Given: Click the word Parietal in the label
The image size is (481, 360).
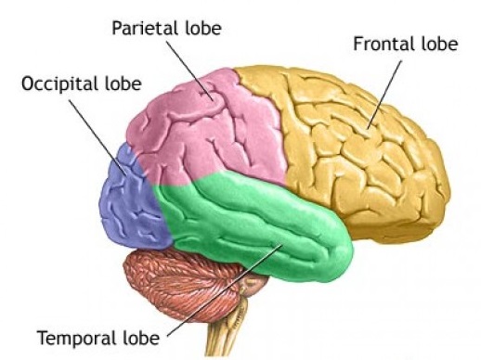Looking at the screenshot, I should tap(142, 27).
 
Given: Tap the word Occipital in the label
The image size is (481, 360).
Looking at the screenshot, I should tap(59, 84).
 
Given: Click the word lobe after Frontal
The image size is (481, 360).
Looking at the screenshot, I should tap(433, 43).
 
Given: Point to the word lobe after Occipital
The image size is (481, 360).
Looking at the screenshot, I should tap(122, 84).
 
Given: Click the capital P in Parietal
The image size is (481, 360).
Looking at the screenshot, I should tap(116, 27).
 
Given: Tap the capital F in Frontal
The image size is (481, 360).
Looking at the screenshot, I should tap(357, 43).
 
